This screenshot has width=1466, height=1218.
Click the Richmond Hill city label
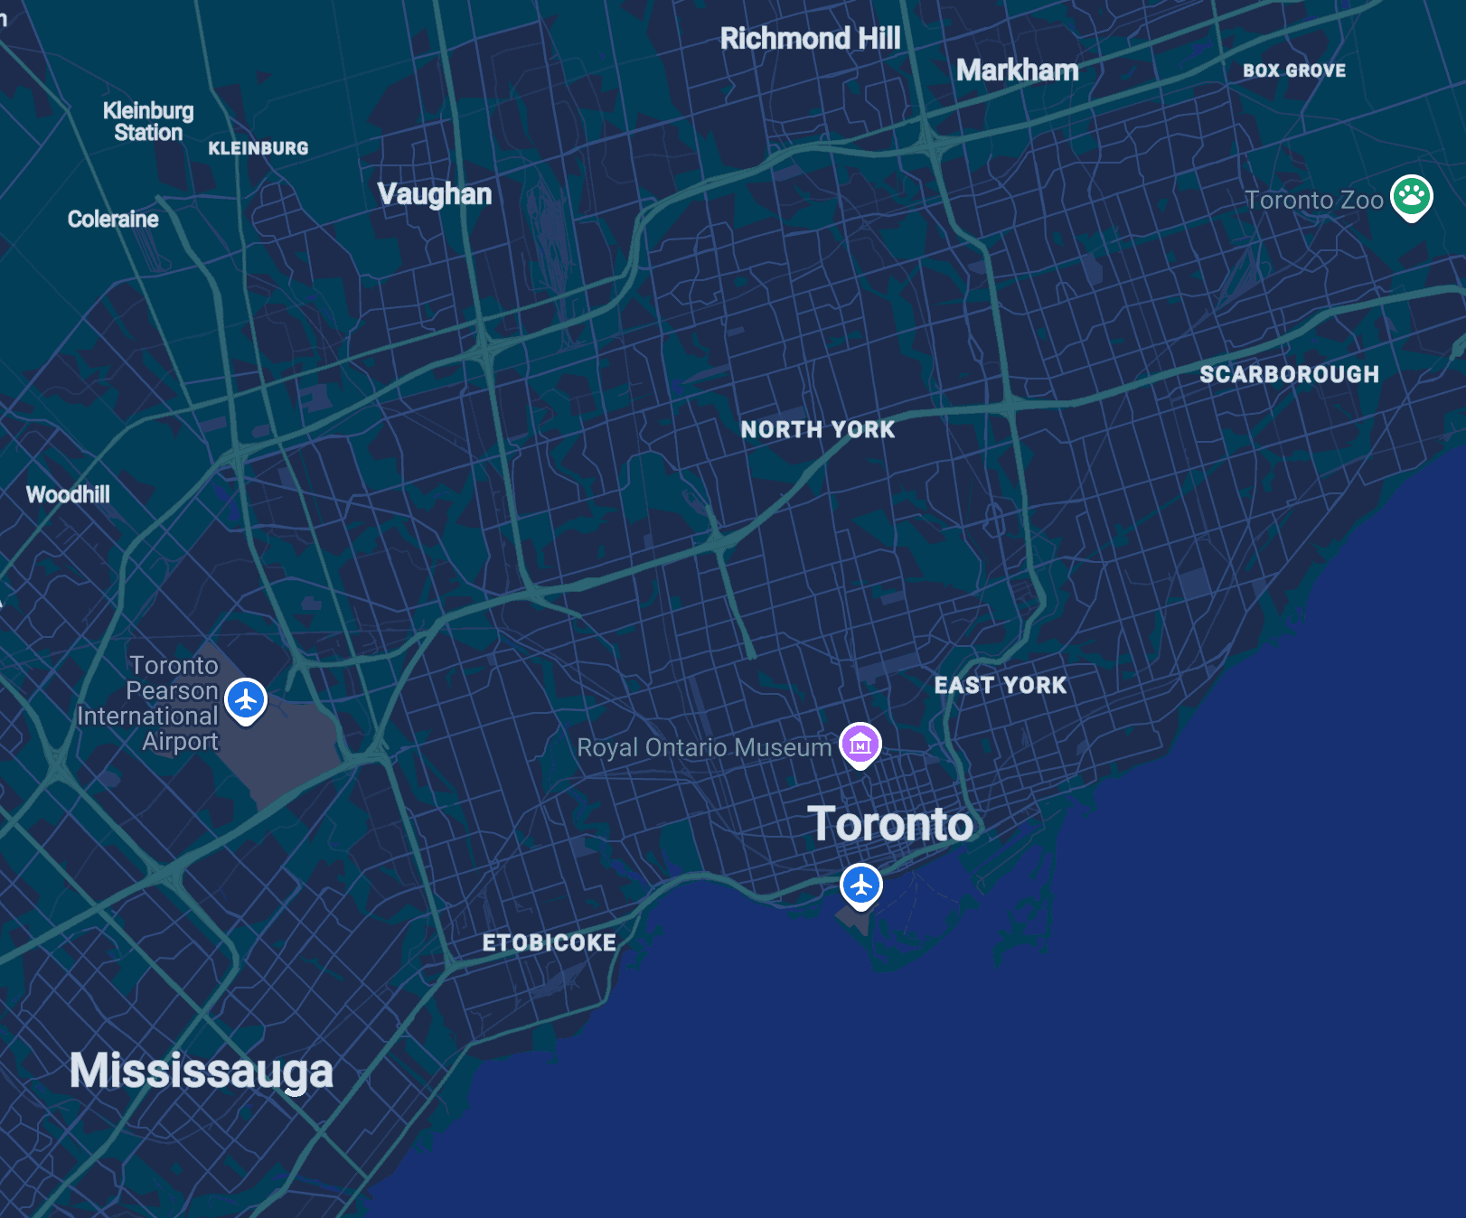click(x=810, y=38)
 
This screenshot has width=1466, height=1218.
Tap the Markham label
click(x=1017, y=70)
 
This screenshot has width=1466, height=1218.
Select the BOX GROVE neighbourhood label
click(x=1293, y=70)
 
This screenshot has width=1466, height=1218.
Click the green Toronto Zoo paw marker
click(x=1411, y=196)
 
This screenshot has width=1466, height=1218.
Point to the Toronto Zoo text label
click(x=1313, y=200)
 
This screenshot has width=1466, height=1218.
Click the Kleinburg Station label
click(x=148, y=122)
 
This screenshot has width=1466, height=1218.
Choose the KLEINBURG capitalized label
click(x=258, y=148)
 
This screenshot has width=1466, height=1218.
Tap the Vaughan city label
click(x=434, y=193)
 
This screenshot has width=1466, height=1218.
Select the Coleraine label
click(x=113, y=220)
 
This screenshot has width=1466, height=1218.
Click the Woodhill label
click(x=68, y=494)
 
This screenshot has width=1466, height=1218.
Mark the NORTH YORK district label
click(x=817, y=430)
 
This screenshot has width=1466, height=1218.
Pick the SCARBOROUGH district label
click(x=1289, y=374)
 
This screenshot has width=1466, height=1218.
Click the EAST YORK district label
click(x=1000, y=685)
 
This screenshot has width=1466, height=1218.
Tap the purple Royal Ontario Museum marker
click(x=860, y=744)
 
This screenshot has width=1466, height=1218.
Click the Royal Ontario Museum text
click(x=703, y=748)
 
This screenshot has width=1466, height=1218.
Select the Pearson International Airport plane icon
click(x=246, y=699)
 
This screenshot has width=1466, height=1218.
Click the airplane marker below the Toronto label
click(x=860, y=885)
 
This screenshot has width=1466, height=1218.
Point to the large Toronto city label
click(x=890, y=824)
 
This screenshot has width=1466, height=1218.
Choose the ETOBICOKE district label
click(x=549, y=942)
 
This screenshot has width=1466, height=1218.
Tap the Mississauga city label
click(x=201, y=1072)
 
